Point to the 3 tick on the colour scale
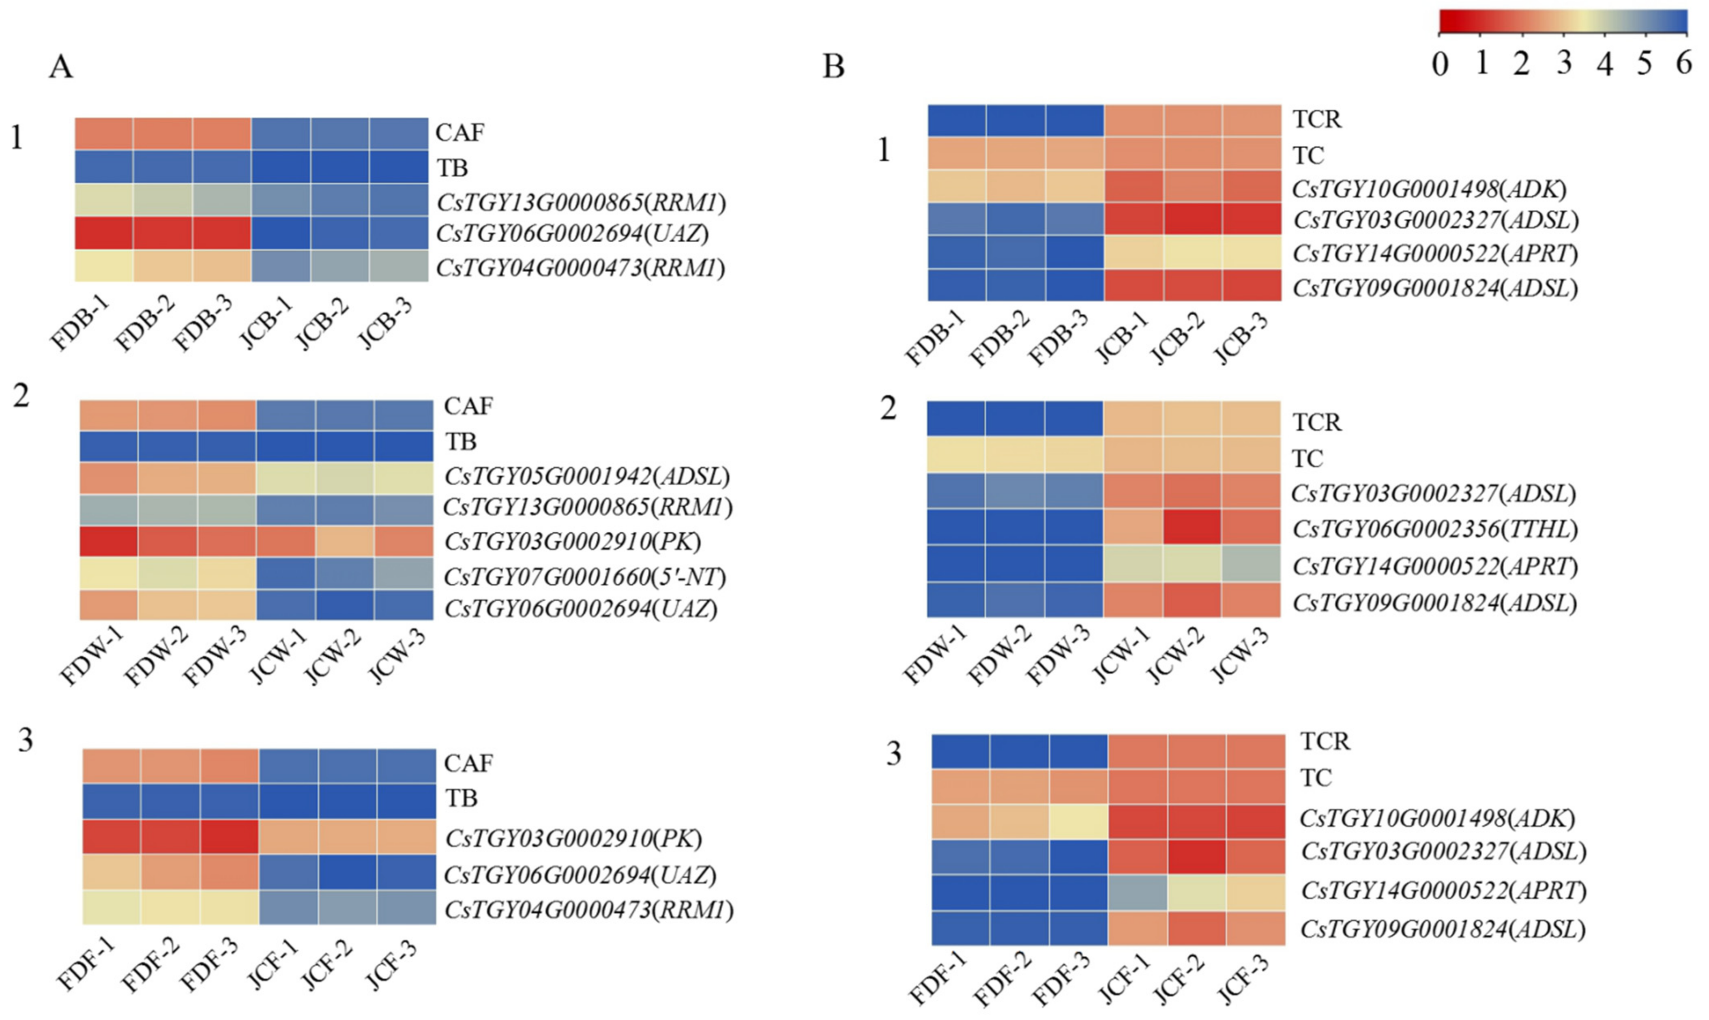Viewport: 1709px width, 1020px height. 1564,63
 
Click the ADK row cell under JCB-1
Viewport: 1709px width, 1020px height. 1134,186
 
